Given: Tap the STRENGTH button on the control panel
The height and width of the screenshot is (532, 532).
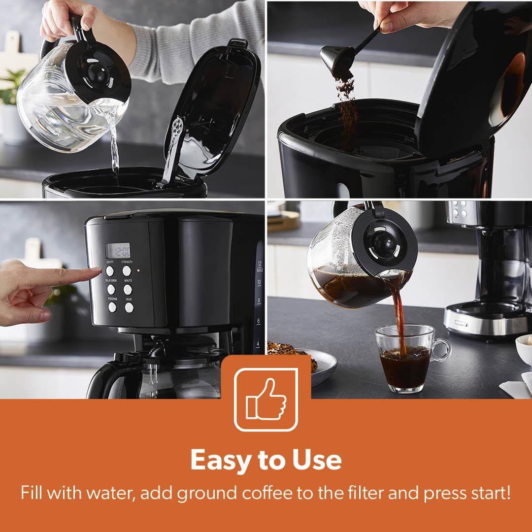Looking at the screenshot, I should [127, 271].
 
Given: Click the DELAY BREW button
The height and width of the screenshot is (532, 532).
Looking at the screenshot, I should [111, 289].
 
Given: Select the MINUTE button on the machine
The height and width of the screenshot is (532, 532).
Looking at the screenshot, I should [128, 289].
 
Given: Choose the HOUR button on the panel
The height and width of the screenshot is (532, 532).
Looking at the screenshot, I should [129, 307].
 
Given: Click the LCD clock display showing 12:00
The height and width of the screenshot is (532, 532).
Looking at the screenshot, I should [118, 250].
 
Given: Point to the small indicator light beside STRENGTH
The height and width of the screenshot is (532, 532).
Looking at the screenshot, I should [138, 270].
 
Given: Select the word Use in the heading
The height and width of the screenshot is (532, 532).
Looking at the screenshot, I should [317, 460].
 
